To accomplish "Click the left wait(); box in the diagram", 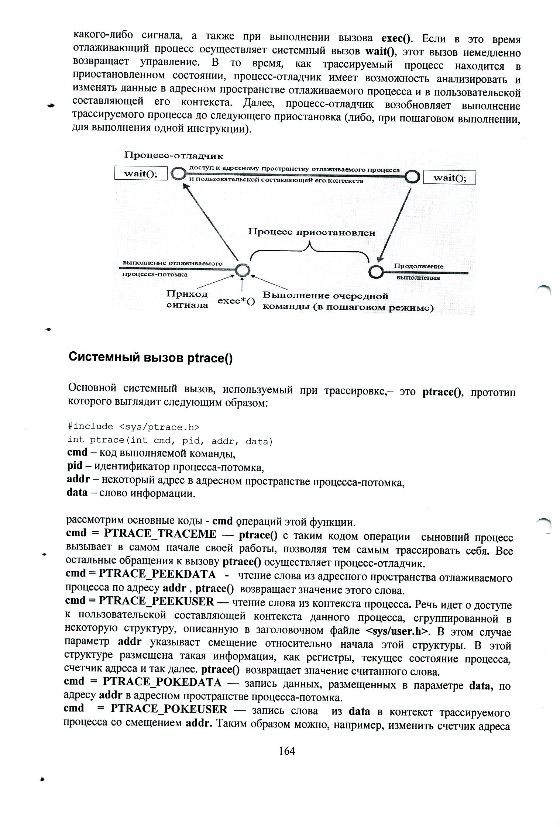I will [141, 173].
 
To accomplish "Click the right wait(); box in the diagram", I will [449, 178].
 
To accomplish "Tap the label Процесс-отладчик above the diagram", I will [174, 155].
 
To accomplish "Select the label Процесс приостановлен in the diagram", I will [312, 232].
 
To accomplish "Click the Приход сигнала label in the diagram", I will [187, 299].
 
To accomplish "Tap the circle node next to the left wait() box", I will [179, 173].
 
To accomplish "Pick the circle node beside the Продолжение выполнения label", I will [376, 272].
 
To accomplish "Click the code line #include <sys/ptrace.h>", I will [134, 427].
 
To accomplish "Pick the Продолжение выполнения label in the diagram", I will [418, 272].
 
